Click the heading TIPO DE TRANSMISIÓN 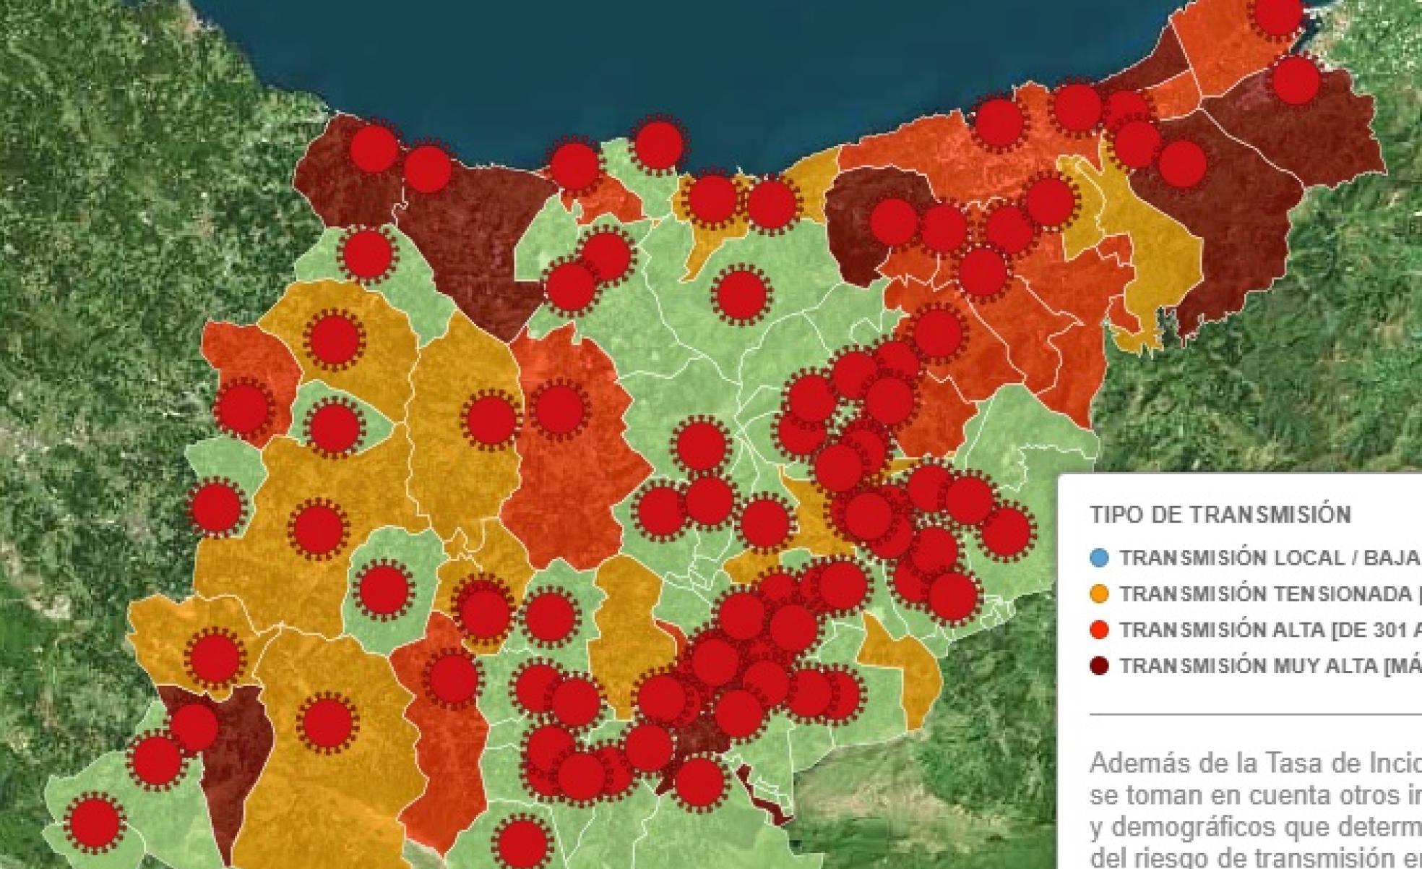[x=1220, y=515]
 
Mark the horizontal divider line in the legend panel [x=1256, y=714]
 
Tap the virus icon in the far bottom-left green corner [x=94, y=822]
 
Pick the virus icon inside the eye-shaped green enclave [x=333, y=427]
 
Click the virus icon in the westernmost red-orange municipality [x=244, y=408]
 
